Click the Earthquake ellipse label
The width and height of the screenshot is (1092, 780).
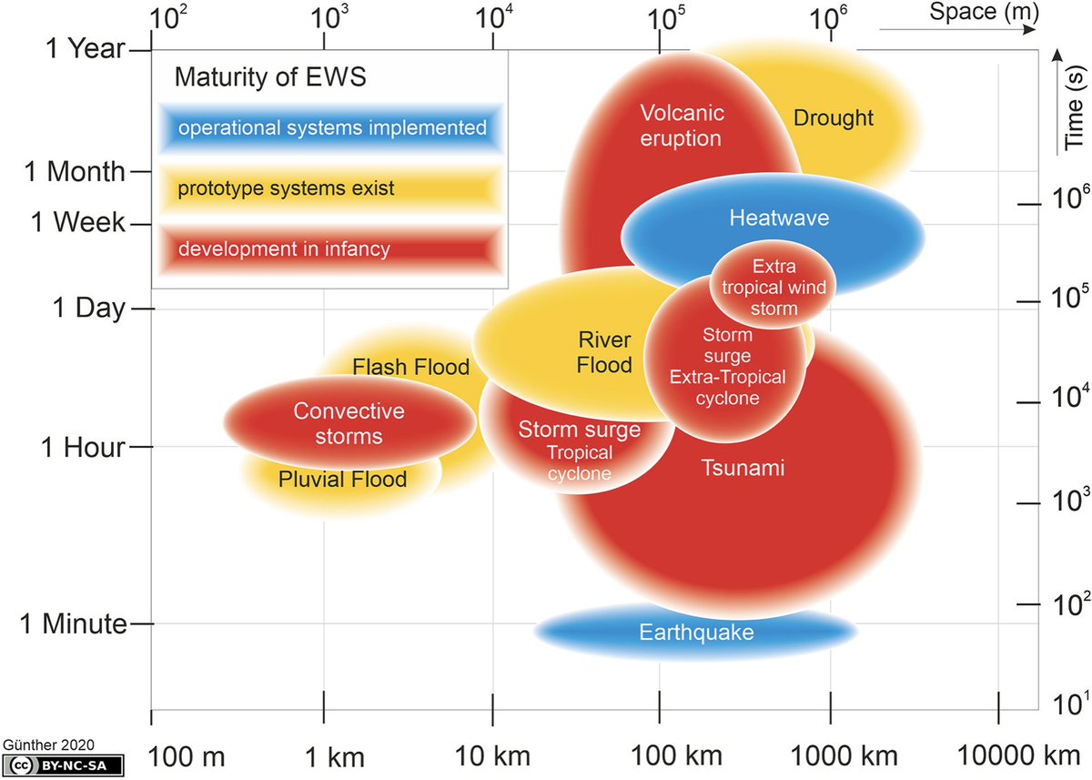tap(696, 632)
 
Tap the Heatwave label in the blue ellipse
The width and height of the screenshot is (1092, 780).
tap(779, 218)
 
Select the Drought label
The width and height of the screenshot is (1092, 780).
tap(833, 117)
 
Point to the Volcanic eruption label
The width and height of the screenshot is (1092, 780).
tap(681, 126)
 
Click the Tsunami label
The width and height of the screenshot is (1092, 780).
tap(742, 468)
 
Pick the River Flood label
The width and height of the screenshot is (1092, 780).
tap(604, 352)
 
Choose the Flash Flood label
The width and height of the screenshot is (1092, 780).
tap(410, 367)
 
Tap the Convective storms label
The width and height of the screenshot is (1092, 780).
tap(349, 423)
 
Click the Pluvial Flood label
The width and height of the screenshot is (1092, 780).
tap(342, 479)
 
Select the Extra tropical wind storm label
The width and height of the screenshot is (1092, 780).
tap(773, 288)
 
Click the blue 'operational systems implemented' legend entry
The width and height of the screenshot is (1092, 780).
tap(332, 128)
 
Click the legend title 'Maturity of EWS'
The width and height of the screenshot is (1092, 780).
tap(269, 77)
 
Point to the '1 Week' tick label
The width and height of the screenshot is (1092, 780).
tap(78, 222)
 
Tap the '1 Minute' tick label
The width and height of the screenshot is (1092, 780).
tap(74, 623)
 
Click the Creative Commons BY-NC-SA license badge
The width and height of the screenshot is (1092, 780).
tap(63, 765)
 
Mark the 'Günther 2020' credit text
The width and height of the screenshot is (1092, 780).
tap(49, 744)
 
